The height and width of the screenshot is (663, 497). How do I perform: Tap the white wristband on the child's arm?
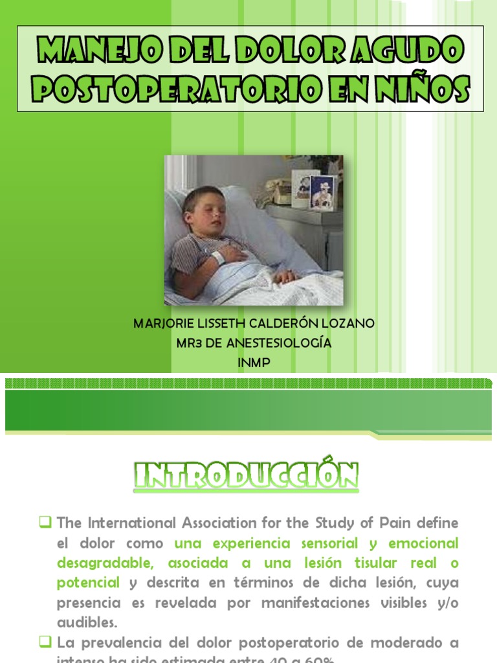click(x=218, y=258)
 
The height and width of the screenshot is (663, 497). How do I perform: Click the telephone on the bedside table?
click(x=283, y=190)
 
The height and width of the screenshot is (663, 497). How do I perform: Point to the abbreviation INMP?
click(x=254, y=363)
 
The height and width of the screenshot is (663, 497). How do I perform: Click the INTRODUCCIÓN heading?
click(x=247, y=476)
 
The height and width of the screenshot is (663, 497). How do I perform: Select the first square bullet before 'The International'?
click(x=45, y=521)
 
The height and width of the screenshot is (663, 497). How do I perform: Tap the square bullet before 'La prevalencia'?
click(x=45, y=642)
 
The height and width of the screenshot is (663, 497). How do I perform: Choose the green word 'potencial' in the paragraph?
click(x=88, y=583)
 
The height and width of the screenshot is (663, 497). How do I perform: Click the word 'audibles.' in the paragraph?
click(x=87, y=623)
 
